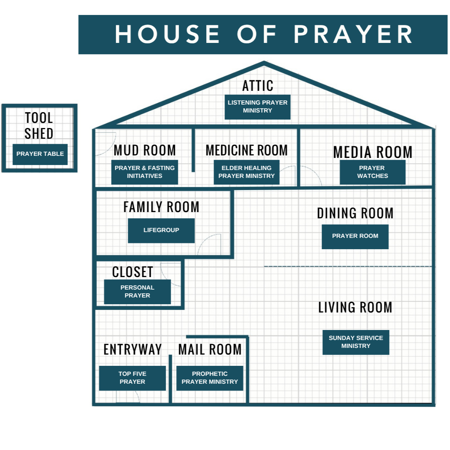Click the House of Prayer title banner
click(264, 35)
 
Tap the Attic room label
click(258, 86)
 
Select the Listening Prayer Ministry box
click(257, 107)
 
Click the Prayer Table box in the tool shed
click(40, 154)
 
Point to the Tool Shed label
click(39, 125)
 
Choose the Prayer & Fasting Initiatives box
click(145, 172)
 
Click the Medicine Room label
click(247, 150)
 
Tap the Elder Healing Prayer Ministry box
click(247, 172)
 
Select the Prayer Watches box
click(372, 172)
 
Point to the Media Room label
click(372, 152)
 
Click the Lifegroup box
click(161, 230)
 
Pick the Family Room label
click(161, 207)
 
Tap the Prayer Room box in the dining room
click(355, 236)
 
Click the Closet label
click(132, 272)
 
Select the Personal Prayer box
click(137, 292)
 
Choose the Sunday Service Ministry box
click(356, 342)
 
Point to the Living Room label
click(355, 307)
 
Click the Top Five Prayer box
click(132, 378)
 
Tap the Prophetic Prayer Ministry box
click(210, 378)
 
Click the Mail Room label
click(210, 350)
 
